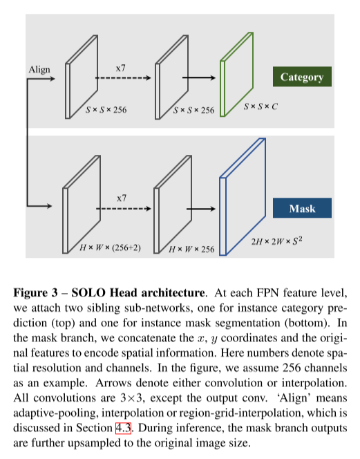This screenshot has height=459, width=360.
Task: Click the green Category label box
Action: pyautogui.click(x=302, y=77)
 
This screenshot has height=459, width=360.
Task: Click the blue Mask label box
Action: pyautogui.click(x=302, y=208)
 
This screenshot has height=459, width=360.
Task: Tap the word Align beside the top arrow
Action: pyautogui.click(x=39, y=70)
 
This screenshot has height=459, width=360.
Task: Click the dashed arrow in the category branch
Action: pyautogui.click(x=123, y=78)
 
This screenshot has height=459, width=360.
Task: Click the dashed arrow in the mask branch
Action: pyautogui.click(x=124, y=209)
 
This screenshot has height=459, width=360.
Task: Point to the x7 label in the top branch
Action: pyautogui.click(x=121, y=68)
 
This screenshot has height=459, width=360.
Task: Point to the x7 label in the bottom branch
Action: pyautogui.click(x=122, y=198)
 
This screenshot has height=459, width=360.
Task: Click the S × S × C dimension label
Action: pyautogui.click(x=260, y=106)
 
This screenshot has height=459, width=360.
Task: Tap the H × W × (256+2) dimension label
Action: pyautogui.click(x=111, y=247)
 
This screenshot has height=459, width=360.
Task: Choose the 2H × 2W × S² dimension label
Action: pyautogui.click(x=276, y=241)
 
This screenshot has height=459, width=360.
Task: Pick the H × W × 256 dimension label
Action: pyautogui.click(x=191, y=249)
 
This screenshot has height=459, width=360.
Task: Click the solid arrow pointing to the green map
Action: pyautogui.click(x=199, y=78)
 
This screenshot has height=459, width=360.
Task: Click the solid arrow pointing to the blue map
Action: pyautogui.click(x=201, y=209)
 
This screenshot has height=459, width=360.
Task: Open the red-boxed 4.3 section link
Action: pyautogui.click(x=123, y=428)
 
